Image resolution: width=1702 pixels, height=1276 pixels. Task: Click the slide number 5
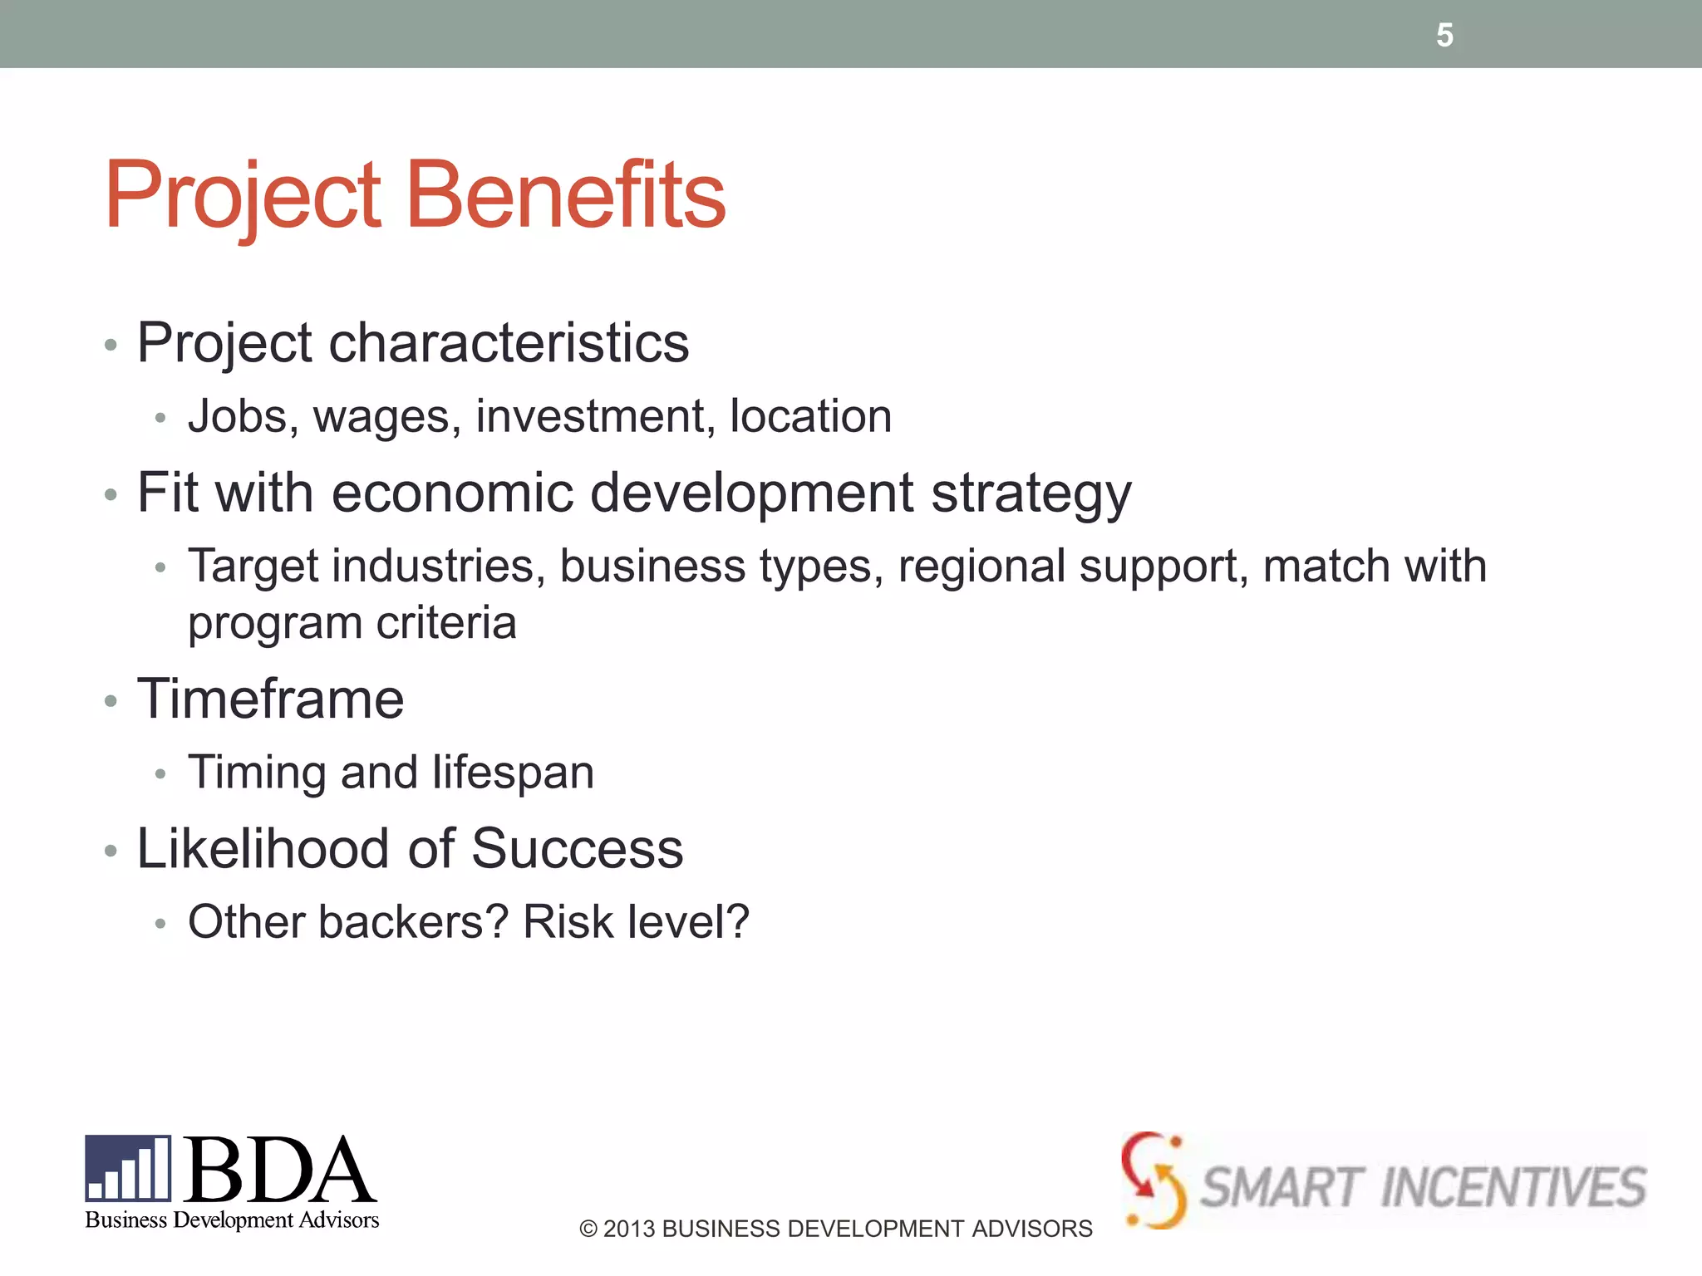[1444, 35]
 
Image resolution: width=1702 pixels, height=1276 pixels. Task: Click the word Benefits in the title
[566, 195]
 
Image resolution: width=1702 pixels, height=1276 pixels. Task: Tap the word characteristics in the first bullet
[509, 342]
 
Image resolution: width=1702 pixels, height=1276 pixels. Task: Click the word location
[810, 416]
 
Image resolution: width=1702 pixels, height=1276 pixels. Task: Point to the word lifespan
[513, 773]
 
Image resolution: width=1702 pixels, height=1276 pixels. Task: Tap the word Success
[577, 849]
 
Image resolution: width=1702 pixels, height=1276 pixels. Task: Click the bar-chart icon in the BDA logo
[128, 1169]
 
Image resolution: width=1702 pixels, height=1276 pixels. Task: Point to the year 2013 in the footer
[629, 1229]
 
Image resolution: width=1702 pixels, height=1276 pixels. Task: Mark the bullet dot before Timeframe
[111, 702]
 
